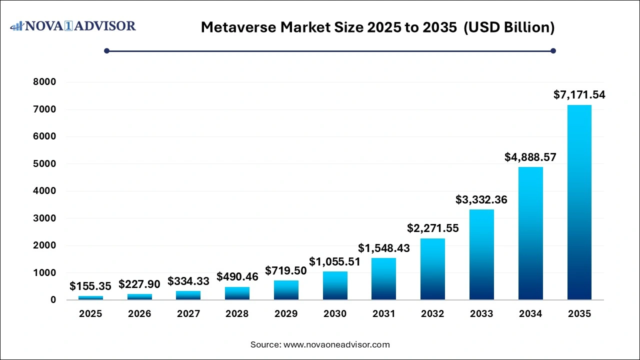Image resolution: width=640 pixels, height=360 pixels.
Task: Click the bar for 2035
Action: (579, 202)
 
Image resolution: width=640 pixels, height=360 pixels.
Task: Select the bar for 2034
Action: (530, 233)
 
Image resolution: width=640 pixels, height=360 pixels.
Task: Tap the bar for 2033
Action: (481, 254)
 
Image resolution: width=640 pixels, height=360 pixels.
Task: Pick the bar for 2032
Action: (432, 269)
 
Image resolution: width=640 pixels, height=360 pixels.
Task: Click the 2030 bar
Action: (335, 285)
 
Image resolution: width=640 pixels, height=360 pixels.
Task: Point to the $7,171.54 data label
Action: (579, 94)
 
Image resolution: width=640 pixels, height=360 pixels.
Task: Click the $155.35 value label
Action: (90, 286)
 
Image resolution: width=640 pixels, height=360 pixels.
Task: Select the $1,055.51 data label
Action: (335, 261)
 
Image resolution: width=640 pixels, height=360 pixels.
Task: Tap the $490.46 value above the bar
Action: (237, 276)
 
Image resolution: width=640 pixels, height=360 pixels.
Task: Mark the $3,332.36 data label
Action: (481, 199)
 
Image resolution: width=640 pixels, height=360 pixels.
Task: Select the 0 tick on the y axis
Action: (53, 300)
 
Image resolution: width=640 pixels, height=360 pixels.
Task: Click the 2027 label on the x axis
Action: (188, 314)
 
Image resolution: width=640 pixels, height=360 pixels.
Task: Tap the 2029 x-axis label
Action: (286, 314)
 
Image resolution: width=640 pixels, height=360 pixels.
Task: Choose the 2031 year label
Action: (384, 314)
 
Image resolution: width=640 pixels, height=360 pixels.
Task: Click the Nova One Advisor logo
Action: (73, 26)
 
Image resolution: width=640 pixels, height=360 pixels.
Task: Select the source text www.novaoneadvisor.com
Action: (336, 344)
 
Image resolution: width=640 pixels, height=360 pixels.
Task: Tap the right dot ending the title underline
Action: (553, 50)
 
